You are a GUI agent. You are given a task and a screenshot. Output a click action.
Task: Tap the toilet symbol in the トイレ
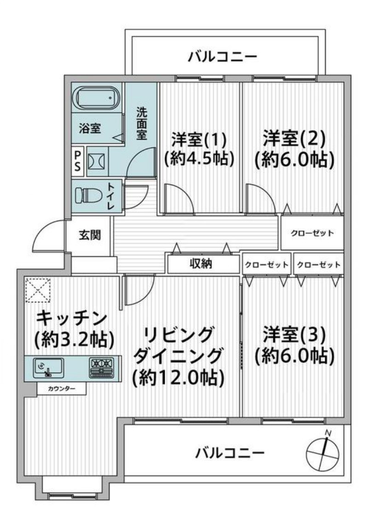click(90, 195)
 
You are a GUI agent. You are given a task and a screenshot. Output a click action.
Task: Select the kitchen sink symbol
click(49, 367)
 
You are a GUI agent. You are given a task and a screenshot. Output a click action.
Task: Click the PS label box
click(77, 161)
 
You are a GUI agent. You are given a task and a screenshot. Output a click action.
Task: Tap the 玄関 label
click(90, 235)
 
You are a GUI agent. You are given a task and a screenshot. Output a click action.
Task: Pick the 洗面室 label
click(141, 124)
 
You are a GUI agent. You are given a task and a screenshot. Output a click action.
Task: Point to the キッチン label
click(71, 318)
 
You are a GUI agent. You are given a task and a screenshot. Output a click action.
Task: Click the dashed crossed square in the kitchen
click(38, 291)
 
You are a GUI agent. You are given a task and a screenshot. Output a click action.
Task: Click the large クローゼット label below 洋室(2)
click(312, 233)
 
